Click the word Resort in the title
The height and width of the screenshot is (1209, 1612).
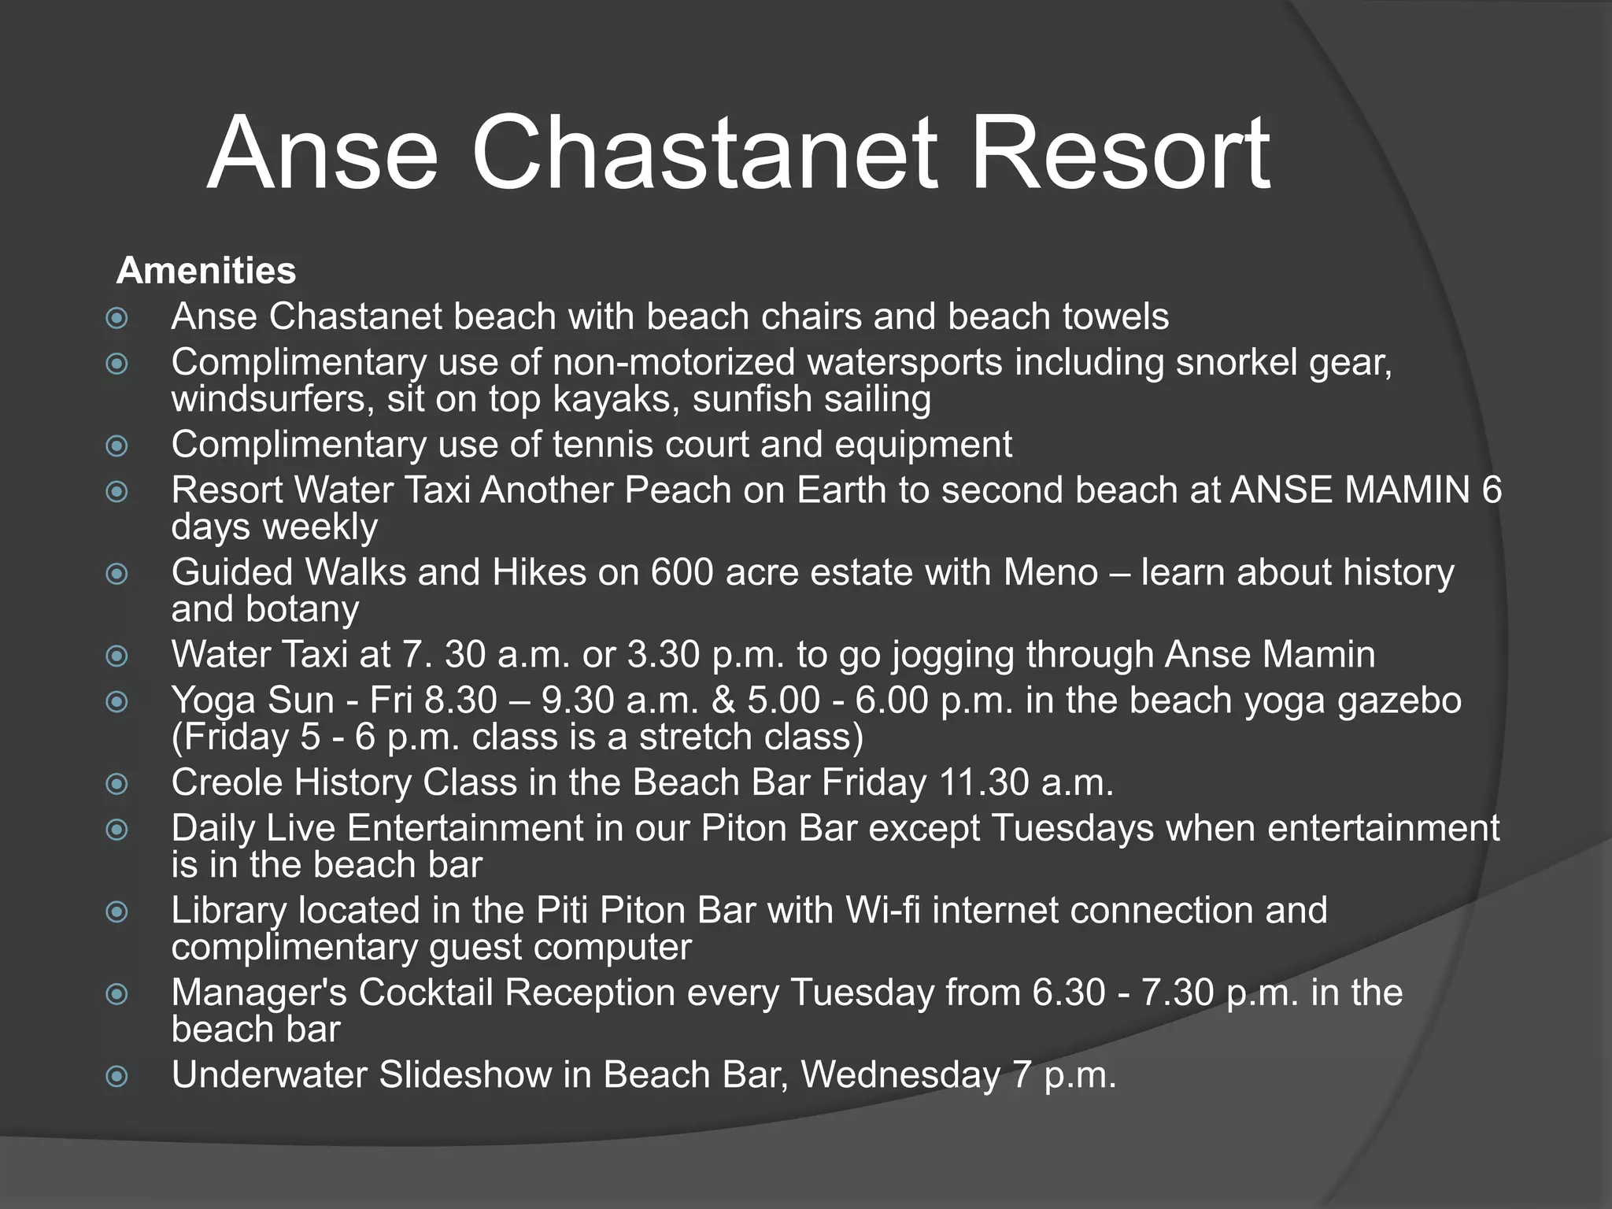(x=1119, y=153)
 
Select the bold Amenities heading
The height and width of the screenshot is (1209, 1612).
(x=206, y=272)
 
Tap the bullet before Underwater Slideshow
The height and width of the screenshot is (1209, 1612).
(x=116, y=1076)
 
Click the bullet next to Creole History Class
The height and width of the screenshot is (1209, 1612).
(x=116, y=783)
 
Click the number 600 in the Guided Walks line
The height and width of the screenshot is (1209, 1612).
(x=682, y=572)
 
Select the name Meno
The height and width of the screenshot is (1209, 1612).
(x=1050, y=572)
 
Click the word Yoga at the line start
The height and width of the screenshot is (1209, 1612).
(x=213, y=701)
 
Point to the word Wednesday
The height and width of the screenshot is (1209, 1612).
(x=900, y=1075)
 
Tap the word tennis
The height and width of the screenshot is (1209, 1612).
(x=602, y=445)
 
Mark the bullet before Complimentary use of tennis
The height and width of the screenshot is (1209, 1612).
(x=116, y=446)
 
